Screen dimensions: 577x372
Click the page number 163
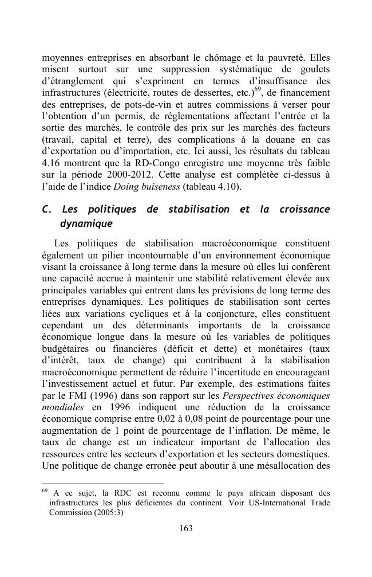(x=185, y=528)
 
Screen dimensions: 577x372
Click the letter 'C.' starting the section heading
(x=48, y=209)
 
